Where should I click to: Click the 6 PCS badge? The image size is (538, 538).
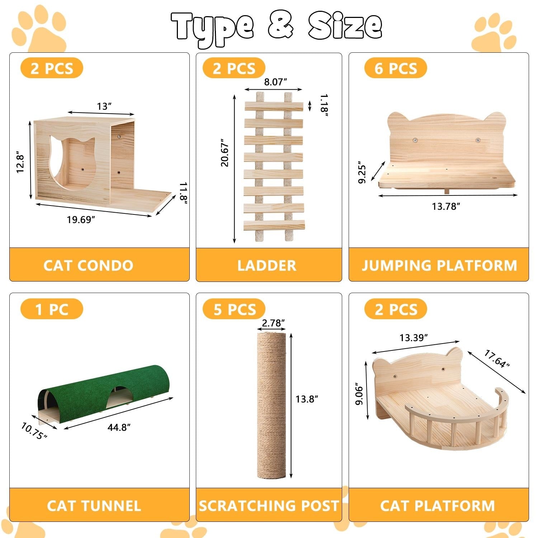pyautogui.click(x=396, y=68)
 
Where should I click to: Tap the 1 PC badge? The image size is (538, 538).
pyautogui.click(x=52, y=309)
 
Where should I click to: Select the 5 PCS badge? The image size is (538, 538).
pyautogui.click(x=234, y=309)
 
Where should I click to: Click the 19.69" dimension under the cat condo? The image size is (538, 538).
pyautogui.click(x=81, y=220)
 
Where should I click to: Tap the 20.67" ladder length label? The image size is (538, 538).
pyautogui.click(x=225, y=152)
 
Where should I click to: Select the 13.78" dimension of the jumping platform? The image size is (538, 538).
pyautogui.click(x=446, y=206)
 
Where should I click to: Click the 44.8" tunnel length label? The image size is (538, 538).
pyautogui.click(x=119, y=427)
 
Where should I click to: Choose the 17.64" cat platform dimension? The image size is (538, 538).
pyautogui.click(x=497, y=359)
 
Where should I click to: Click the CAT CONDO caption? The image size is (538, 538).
pyautogui.click(x=88, y=265)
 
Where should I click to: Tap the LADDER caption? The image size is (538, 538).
pyautogui.click(x=267, y=265)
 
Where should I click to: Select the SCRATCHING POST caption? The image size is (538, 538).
pyautogui.click(x=269, y=506)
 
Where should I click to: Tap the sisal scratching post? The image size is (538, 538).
pyautogui.click(x=272, y=405)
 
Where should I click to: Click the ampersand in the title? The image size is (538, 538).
pyautogui.click(x=281, y=26)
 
